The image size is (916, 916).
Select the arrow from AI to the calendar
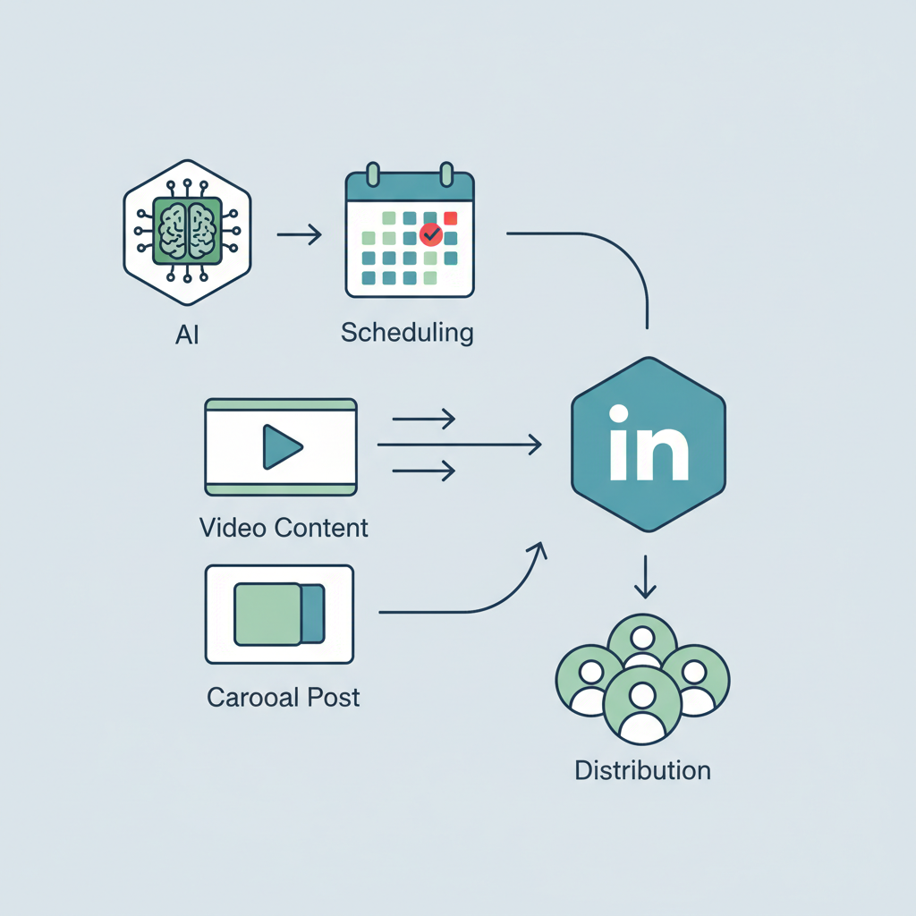click(x=299, y=235)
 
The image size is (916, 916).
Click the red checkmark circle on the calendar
click(x=431, y=235)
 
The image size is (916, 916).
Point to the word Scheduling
click(x=407, y=333)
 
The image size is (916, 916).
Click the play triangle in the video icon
click(x=281, y=445)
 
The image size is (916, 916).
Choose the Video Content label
click(x=284, y=527)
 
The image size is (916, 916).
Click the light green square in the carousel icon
click(x=267, y=614)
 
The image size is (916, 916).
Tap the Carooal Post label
click(x=284, y=697)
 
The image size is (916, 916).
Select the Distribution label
click(x=642, y=769)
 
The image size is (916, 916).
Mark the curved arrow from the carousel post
click(x=483, y=601)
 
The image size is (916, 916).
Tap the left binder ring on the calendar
click(x=375, y=175)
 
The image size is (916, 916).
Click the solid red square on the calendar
click(x=451, y=217)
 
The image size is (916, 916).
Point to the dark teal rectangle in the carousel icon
click(x=312, y=614)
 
